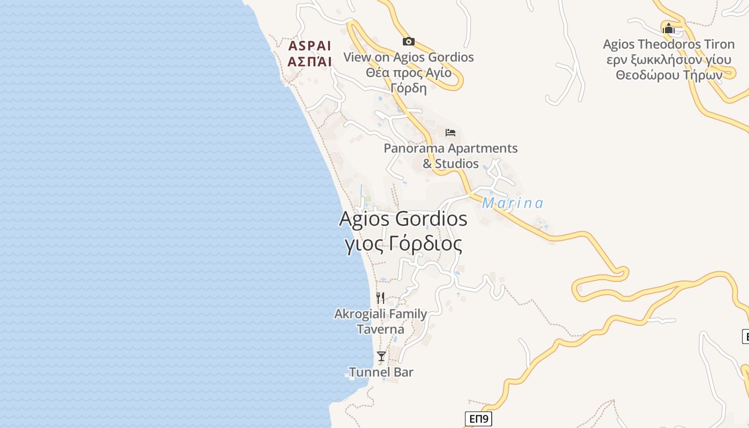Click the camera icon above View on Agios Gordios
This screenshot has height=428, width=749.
click(409, 41)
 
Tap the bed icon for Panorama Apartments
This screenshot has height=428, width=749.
click(450, 132)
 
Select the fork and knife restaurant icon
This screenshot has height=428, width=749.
click(380, 298)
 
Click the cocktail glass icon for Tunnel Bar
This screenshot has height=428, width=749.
click(381, 356)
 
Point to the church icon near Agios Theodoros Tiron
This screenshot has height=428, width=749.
click(668, 28)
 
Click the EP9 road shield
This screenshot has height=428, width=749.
click(478, 418)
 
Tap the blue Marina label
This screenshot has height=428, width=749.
click(513, 203)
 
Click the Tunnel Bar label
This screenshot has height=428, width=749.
click(381, 372)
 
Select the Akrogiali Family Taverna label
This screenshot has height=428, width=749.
click(380, 321)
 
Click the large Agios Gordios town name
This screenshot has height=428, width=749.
click(403, 219)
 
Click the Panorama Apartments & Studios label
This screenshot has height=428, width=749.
click(450, 155)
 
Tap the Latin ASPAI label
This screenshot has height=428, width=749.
click(310, 45)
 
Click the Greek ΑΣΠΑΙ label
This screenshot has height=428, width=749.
click(310, 62)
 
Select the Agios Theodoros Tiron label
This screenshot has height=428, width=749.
click(668, 44)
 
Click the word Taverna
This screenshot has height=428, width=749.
click(380, 329)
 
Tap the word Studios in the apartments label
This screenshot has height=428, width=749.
click(457, 163)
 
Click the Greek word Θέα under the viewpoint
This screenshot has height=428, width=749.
click(377, 73)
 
